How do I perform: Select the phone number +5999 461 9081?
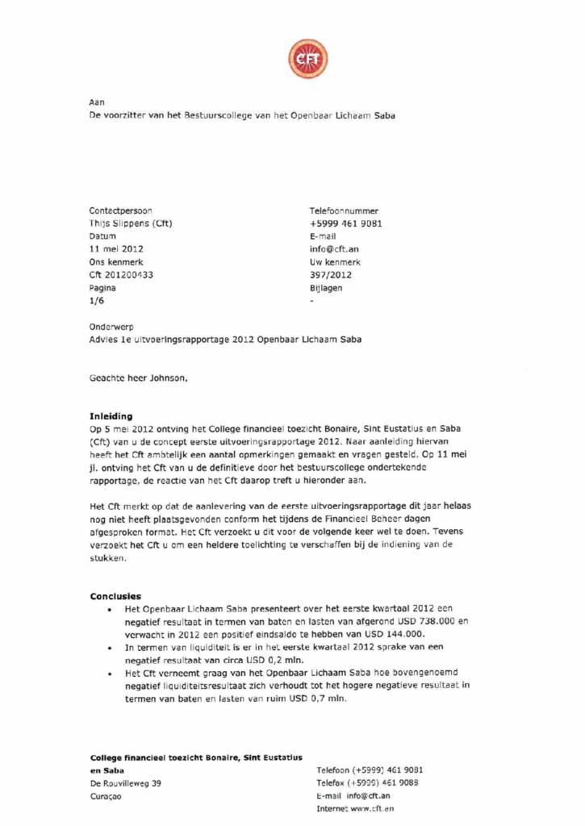(345, 223)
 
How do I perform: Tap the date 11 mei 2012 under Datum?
(117, 249)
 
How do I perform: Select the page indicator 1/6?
(96, 301)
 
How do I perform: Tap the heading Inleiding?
(111, 416)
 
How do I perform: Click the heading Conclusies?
(115, 596)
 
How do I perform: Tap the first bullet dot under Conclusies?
(109, 609)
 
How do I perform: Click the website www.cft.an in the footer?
(371, 808)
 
